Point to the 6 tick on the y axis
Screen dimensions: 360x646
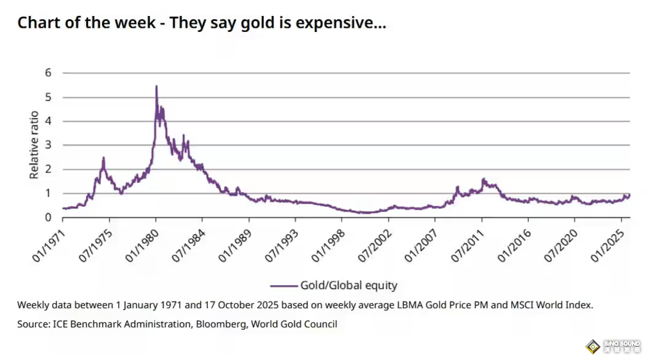[47, 73]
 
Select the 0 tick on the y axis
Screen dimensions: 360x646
[47, 217]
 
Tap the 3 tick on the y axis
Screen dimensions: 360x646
[47, 145]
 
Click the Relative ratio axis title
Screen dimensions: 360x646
[34, 145]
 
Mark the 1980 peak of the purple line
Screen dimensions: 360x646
[156, 87]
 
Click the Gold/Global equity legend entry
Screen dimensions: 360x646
[348, 286]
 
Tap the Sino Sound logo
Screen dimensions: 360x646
[612, 346]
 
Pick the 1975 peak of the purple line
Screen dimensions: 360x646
[103, 158]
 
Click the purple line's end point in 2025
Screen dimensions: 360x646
[629, 194]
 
